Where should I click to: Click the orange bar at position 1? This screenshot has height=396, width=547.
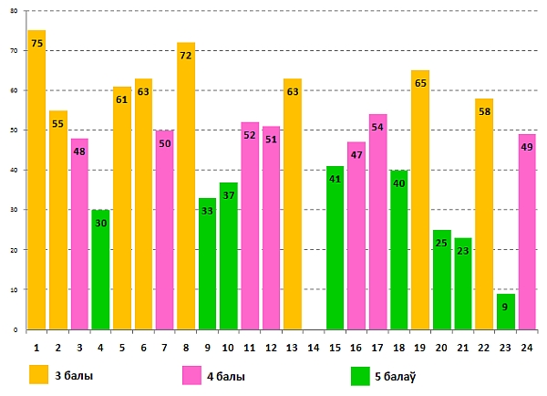point(36,182)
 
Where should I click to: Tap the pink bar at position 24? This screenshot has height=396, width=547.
point(527,233)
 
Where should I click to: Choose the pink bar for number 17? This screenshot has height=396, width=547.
point(377,223)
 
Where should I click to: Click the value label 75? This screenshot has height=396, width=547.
point(36,43)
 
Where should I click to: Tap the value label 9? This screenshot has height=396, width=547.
point(506,307)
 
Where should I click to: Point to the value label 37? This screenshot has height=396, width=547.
point(229,195)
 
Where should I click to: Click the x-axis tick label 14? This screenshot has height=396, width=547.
point(314,348)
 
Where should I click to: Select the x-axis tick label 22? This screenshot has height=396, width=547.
point(484,348)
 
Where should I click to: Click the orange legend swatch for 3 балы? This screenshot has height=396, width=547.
point(38,375)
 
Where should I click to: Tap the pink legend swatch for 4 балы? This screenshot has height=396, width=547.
point(192,375)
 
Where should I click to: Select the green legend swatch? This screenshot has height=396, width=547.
point(360,375)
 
